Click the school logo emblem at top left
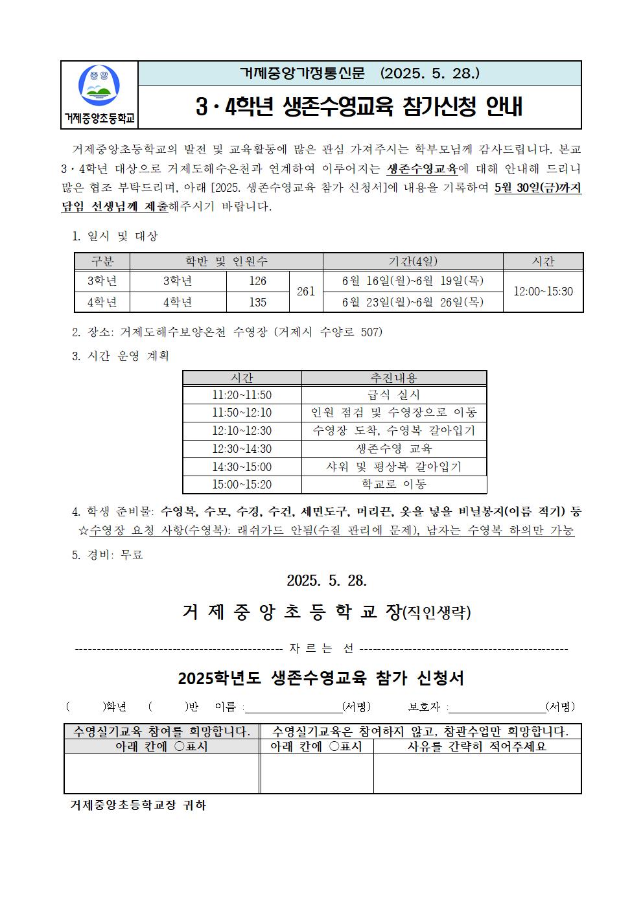[x=99, y=86]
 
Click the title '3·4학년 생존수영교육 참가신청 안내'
[x=359, y=107]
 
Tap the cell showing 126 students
[x=257, y=281]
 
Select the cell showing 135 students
[x=257, y=302]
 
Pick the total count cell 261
[x=305, y=292]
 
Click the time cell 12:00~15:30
[x=543, y=292]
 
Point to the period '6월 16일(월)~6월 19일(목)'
[x=413, y=281]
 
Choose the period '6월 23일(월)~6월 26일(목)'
[x=413, y=302]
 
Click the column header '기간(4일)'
[x=413, y=261]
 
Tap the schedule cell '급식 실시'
[x=394, y=395]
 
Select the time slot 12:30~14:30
[x=242, y=448]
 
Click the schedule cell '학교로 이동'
[x=394, y=484]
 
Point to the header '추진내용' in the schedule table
[x=394, y=378]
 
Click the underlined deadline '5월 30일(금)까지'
[x=537, y=189]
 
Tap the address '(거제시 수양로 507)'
[x=328, y=332]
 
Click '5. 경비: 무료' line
[x=108, y=555]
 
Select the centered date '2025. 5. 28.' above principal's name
[x=327, y=580]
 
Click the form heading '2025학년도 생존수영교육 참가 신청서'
[x=321, y=678]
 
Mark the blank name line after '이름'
[x=293, y=707]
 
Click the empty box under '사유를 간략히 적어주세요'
[x=477, y=773]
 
